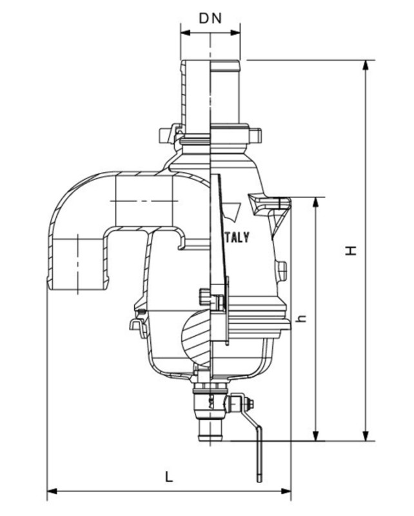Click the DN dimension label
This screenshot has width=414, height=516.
pyautogui.click(x=210, y=18)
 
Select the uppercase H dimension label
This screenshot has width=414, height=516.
pyautogui.click(x=350, y=250)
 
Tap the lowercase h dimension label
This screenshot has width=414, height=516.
pyautogui.click(x=299, y=318)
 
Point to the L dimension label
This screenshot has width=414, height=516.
pyautogui.click(x=169, y=477)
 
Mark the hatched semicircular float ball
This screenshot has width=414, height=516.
pyautogui.click(x=196, y=333)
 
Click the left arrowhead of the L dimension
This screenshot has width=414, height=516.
pyautogui.click(x=52, y=492)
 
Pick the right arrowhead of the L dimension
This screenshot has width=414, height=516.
pyautogui.click(x=287, y=492)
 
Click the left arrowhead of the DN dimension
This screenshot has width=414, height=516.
pyautogui.click(x=184, y=32)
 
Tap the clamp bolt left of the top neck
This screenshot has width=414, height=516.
pyautogui.click(x=168, y=135)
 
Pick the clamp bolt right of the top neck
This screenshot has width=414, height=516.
pyautogui.click(x=256, y=135)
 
